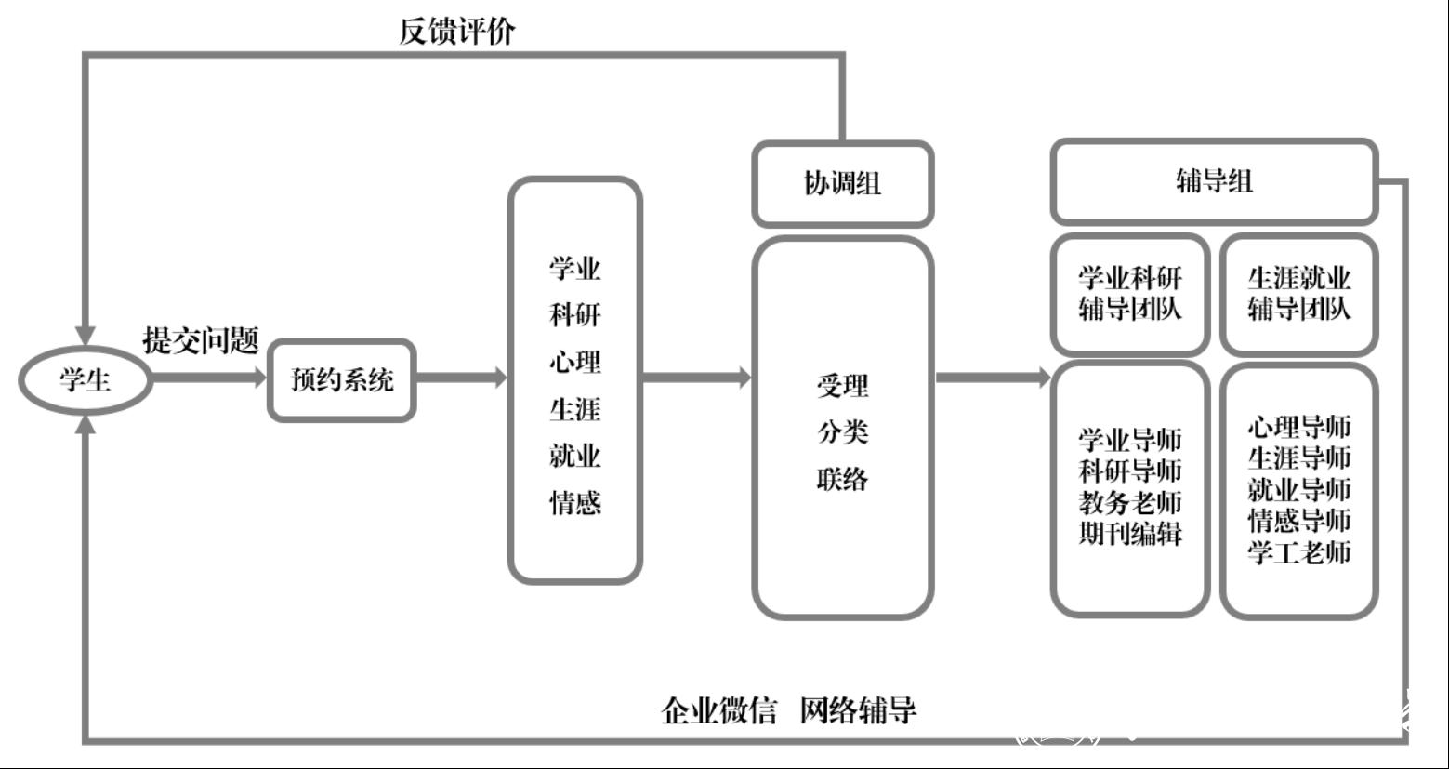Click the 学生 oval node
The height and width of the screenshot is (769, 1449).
click(x=85, y=379)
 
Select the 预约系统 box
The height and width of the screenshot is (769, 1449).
click(x=342, y=379)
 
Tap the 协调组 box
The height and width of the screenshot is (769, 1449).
click(x=842, y=183)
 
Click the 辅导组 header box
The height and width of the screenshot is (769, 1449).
click(x=1214, y=180)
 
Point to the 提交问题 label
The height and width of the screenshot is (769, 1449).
click(x=200, y=340)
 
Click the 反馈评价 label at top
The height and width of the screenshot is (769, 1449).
click(x=456, y=32)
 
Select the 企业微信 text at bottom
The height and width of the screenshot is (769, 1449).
click(x=718, y=710)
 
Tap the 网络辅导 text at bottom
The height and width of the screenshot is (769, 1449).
click(x=858, y=710)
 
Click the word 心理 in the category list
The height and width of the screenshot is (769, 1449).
click(x=575, y=362)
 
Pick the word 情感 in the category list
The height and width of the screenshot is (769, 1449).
click(x=575, y=503)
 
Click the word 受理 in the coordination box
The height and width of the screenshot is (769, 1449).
click(x=842, y=386)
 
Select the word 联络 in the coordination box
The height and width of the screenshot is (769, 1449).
click(x=842, y=479)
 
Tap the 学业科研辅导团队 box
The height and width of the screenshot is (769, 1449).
click(x=1129, y=294)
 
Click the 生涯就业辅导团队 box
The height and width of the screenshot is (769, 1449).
click(x=1298, y=294)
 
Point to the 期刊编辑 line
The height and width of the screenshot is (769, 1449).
click(x=1129, y=534)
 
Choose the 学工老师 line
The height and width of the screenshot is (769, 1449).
click(x=1298, y=552)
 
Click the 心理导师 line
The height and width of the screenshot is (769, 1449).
click(x=1298, y=427)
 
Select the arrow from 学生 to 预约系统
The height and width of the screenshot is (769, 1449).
click(x=208, y=378)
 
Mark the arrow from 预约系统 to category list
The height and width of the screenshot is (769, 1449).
click(x=462, y=378)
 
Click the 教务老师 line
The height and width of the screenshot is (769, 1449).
click(x=1129, y=502)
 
